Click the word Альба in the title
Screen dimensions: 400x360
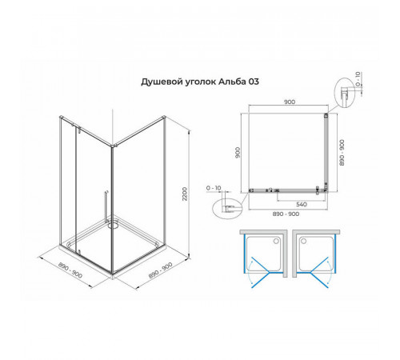tap(232, 82)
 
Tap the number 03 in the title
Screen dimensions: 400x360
tap(254, 82)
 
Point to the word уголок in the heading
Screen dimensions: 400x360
tap(201, 82)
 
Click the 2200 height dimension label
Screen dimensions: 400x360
tap(185, 194)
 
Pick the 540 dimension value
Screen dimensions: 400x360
tap(302, 205)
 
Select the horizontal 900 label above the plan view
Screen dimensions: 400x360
tap(290, 102)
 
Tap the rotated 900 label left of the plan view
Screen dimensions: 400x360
tap(238, 153)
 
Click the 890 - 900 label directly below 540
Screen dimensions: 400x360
tap(286, 214)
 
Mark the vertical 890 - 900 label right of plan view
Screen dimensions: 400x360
tap(342, 153)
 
